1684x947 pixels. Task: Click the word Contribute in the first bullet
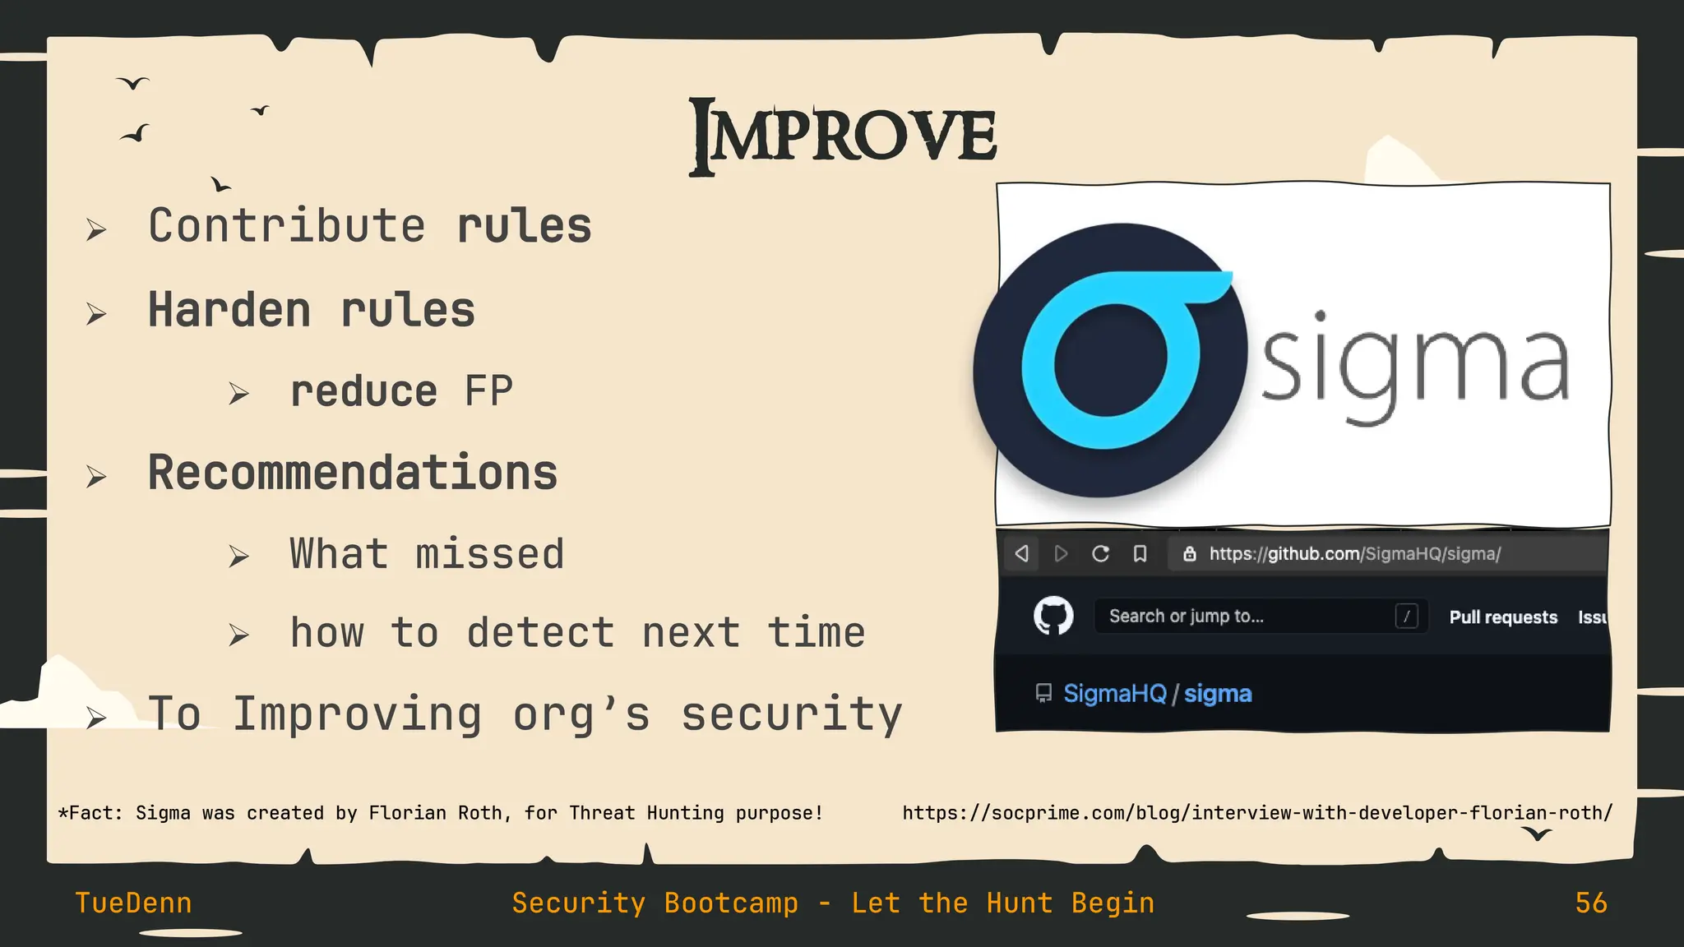287,226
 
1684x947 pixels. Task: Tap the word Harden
229,311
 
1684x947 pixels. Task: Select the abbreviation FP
488,391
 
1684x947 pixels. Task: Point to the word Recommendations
353,473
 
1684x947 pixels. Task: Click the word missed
490,554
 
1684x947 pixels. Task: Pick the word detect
540,634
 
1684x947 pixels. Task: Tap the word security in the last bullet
792,714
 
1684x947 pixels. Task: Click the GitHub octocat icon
1053,616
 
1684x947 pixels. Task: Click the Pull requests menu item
1503,617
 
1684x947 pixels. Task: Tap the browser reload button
1100,554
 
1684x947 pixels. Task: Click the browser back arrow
1022,554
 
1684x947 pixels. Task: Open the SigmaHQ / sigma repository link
1157,694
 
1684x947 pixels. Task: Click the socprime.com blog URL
1257,813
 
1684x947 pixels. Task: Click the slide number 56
1591,903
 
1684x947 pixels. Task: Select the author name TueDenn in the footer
133,903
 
